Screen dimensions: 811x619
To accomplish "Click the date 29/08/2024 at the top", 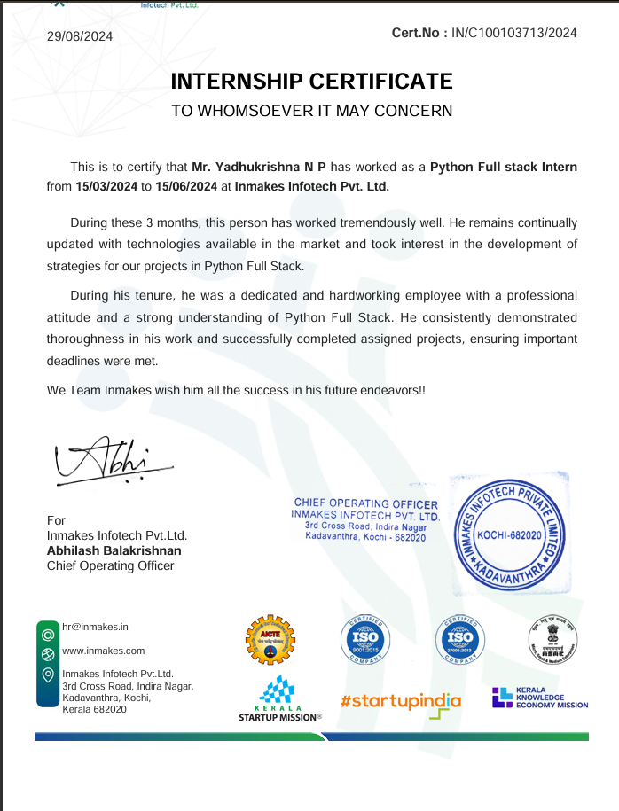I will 80,35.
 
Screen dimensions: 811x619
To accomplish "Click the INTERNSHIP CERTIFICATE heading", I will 311,82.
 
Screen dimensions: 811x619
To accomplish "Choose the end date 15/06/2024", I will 186,187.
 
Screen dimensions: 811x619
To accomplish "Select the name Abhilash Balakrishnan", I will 114,550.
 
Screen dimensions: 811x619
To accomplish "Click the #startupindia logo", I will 400,702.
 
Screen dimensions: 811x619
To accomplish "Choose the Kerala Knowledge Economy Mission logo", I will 540,698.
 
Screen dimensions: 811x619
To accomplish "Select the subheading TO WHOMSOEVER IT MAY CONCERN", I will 311,111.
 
